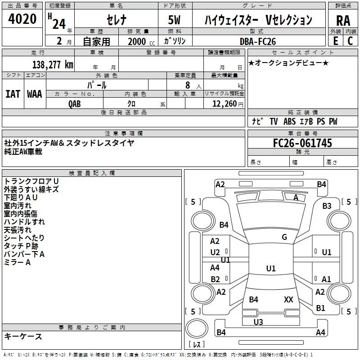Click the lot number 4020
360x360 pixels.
pyautogui.click(x=22, y=19)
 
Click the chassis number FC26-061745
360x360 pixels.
pyautogui.click(x=302, y=143)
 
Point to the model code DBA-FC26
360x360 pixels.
pyautogui.click(x=258, y=41)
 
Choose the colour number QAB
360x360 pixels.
pyautogui.click(x=75, y=103)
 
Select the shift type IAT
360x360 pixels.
pyautogui.click(x=13, y=94)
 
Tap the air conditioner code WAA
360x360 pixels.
pyautogui.click(x=34, y=94)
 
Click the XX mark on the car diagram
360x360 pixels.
pyautogui.click(x=288, y=299)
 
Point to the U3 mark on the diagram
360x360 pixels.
pyautogui.click(x=258, y=322)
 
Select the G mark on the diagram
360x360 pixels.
pyautogui.click(x=284, y=237)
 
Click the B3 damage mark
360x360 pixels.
pyautogui.click(x=327, y=206)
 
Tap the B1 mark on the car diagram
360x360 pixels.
pyautogui.click(x=320, y=308)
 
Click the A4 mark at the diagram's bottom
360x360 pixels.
pyautogui.click(x=320, y=333)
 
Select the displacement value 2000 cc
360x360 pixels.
pyautogui.click(x=140, y=41)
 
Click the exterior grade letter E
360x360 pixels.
pyautogui.click(x=335, y=41)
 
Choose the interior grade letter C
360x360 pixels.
pyautogui.click(x=350, y=41)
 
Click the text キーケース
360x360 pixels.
pyautogui.click(x=23, y=336)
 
